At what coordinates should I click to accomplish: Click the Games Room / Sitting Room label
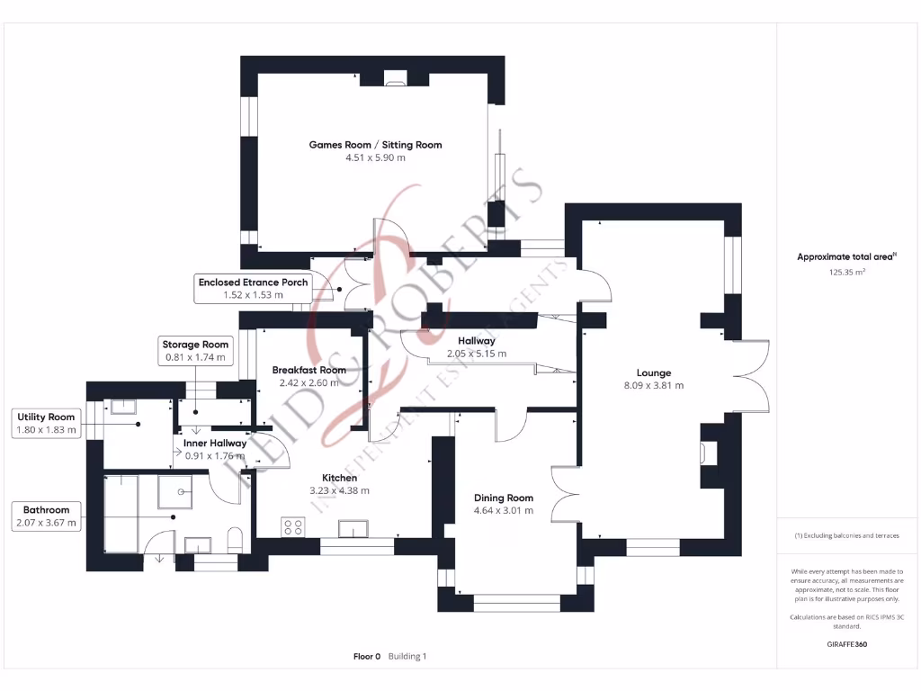pyautogui.click(x=375, y=145)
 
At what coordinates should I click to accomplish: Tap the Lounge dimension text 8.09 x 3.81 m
pyautogui.click(x=653, y=386)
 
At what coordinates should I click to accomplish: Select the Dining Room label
pyautogui.click(x=504, y=498)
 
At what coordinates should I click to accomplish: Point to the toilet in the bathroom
pyautogui.click(x=235, y=542)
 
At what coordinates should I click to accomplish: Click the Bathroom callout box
pyautogui.click(x=47, y=516)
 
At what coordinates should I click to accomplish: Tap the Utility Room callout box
pyautogui.click(x=47, y=424)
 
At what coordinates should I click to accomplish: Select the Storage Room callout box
pyautogui.click(x=195, y=351)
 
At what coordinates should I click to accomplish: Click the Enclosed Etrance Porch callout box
pyautogui.click(x=253, y=288)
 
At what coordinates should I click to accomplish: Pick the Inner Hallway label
pyautogui.click(x=215, y=443)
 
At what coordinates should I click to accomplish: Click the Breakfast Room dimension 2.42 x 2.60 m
pyautogui.click(x=308, y=382)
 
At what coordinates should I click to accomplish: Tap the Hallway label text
pyautogui.click(x=476, y=341)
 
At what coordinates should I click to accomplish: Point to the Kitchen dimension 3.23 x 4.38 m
pyautogui.click(x=339, y=491)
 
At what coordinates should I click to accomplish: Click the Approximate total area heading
pyautogui.click(x=845, y=256)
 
